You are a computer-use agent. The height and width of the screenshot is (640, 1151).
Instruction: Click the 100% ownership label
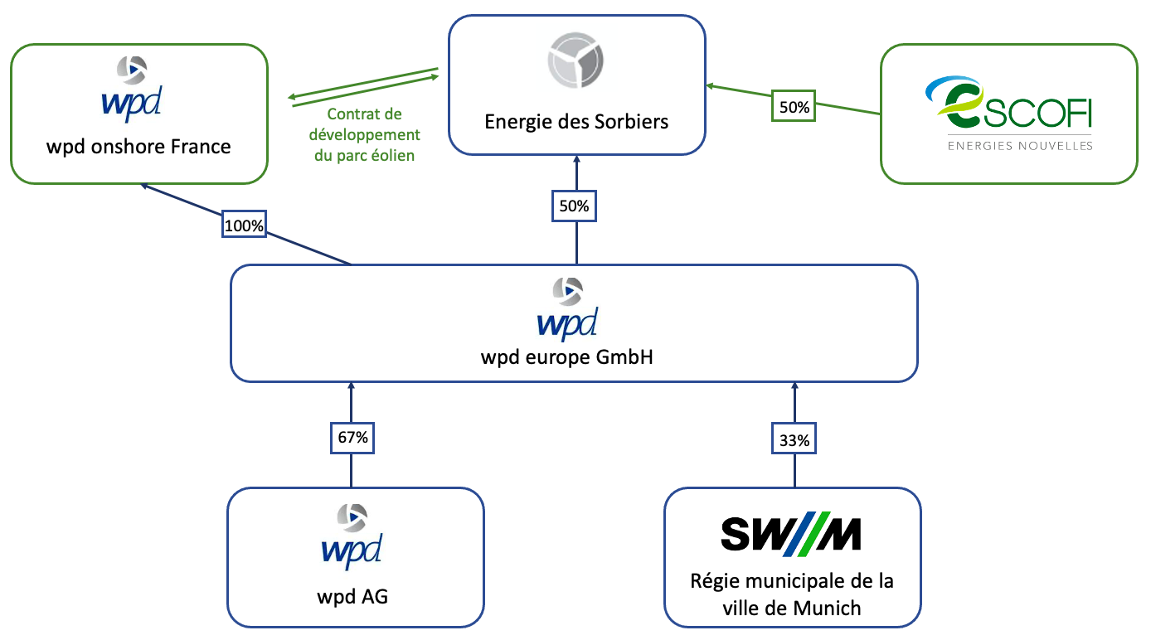click(x=244, y=225)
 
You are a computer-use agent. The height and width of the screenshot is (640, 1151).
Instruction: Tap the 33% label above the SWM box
click(x=794, y=441)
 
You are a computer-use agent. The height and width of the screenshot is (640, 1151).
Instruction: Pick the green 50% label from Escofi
click(x=794, y=107)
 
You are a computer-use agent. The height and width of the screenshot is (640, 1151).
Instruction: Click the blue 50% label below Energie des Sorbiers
click(x=574, y=206)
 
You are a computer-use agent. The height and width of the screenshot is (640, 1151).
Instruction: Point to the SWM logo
click(x=791, y=535)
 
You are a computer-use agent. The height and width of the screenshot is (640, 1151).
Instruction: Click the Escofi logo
click(x=1008, y=104)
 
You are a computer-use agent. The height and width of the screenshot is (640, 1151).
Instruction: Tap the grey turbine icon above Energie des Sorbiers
click(x=575, y=61)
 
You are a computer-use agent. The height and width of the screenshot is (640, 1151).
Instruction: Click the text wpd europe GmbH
click(x=566, y=357)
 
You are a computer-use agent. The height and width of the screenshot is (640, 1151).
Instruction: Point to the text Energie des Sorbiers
click(x=576, y=122)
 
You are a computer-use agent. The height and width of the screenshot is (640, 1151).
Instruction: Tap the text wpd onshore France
click(x=138, y=148)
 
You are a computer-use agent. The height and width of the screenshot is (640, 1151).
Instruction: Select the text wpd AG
click(x=352, y=596)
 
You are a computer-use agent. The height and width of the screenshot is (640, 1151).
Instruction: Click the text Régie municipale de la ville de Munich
click(x=792, y=594)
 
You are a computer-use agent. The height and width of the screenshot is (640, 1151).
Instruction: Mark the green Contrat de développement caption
click(x=364, y=134)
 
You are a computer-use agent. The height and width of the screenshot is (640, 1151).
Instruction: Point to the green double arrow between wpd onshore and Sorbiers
click(x=364, y=87)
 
